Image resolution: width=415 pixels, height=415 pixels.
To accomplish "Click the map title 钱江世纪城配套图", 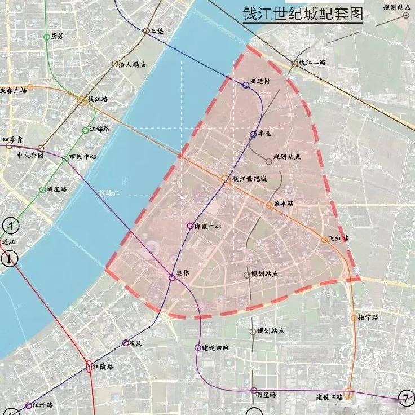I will pos(302,14).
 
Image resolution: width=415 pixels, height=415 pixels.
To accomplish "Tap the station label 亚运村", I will pos(261,81).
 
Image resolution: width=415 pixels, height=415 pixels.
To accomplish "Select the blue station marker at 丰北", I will pos(254,134).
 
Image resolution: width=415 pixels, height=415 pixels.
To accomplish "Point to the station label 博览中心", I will pos(207,226).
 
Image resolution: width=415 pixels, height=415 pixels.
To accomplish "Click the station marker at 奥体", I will pos(173,278).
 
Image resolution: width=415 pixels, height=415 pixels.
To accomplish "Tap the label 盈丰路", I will pos(284,203).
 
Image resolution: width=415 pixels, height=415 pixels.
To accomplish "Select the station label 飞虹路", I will pos(339,238).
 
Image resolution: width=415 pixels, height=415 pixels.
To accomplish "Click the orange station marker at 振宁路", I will pos(354,319).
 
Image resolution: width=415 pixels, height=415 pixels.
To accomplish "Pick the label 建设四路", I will pos(215,347).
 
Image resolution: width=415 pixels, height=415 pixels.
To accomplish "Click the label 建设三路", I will pos(329,397).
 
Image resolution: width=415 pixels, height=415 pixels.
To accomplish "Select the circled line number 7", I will pos(405,398).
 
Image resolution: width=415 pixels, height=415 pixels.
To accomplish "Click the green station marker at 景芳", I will pos(47,37).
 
